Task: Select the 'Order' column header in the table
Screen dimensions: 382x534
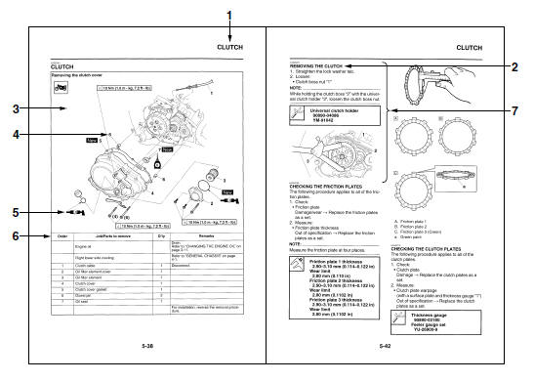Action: coord(60,235)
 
